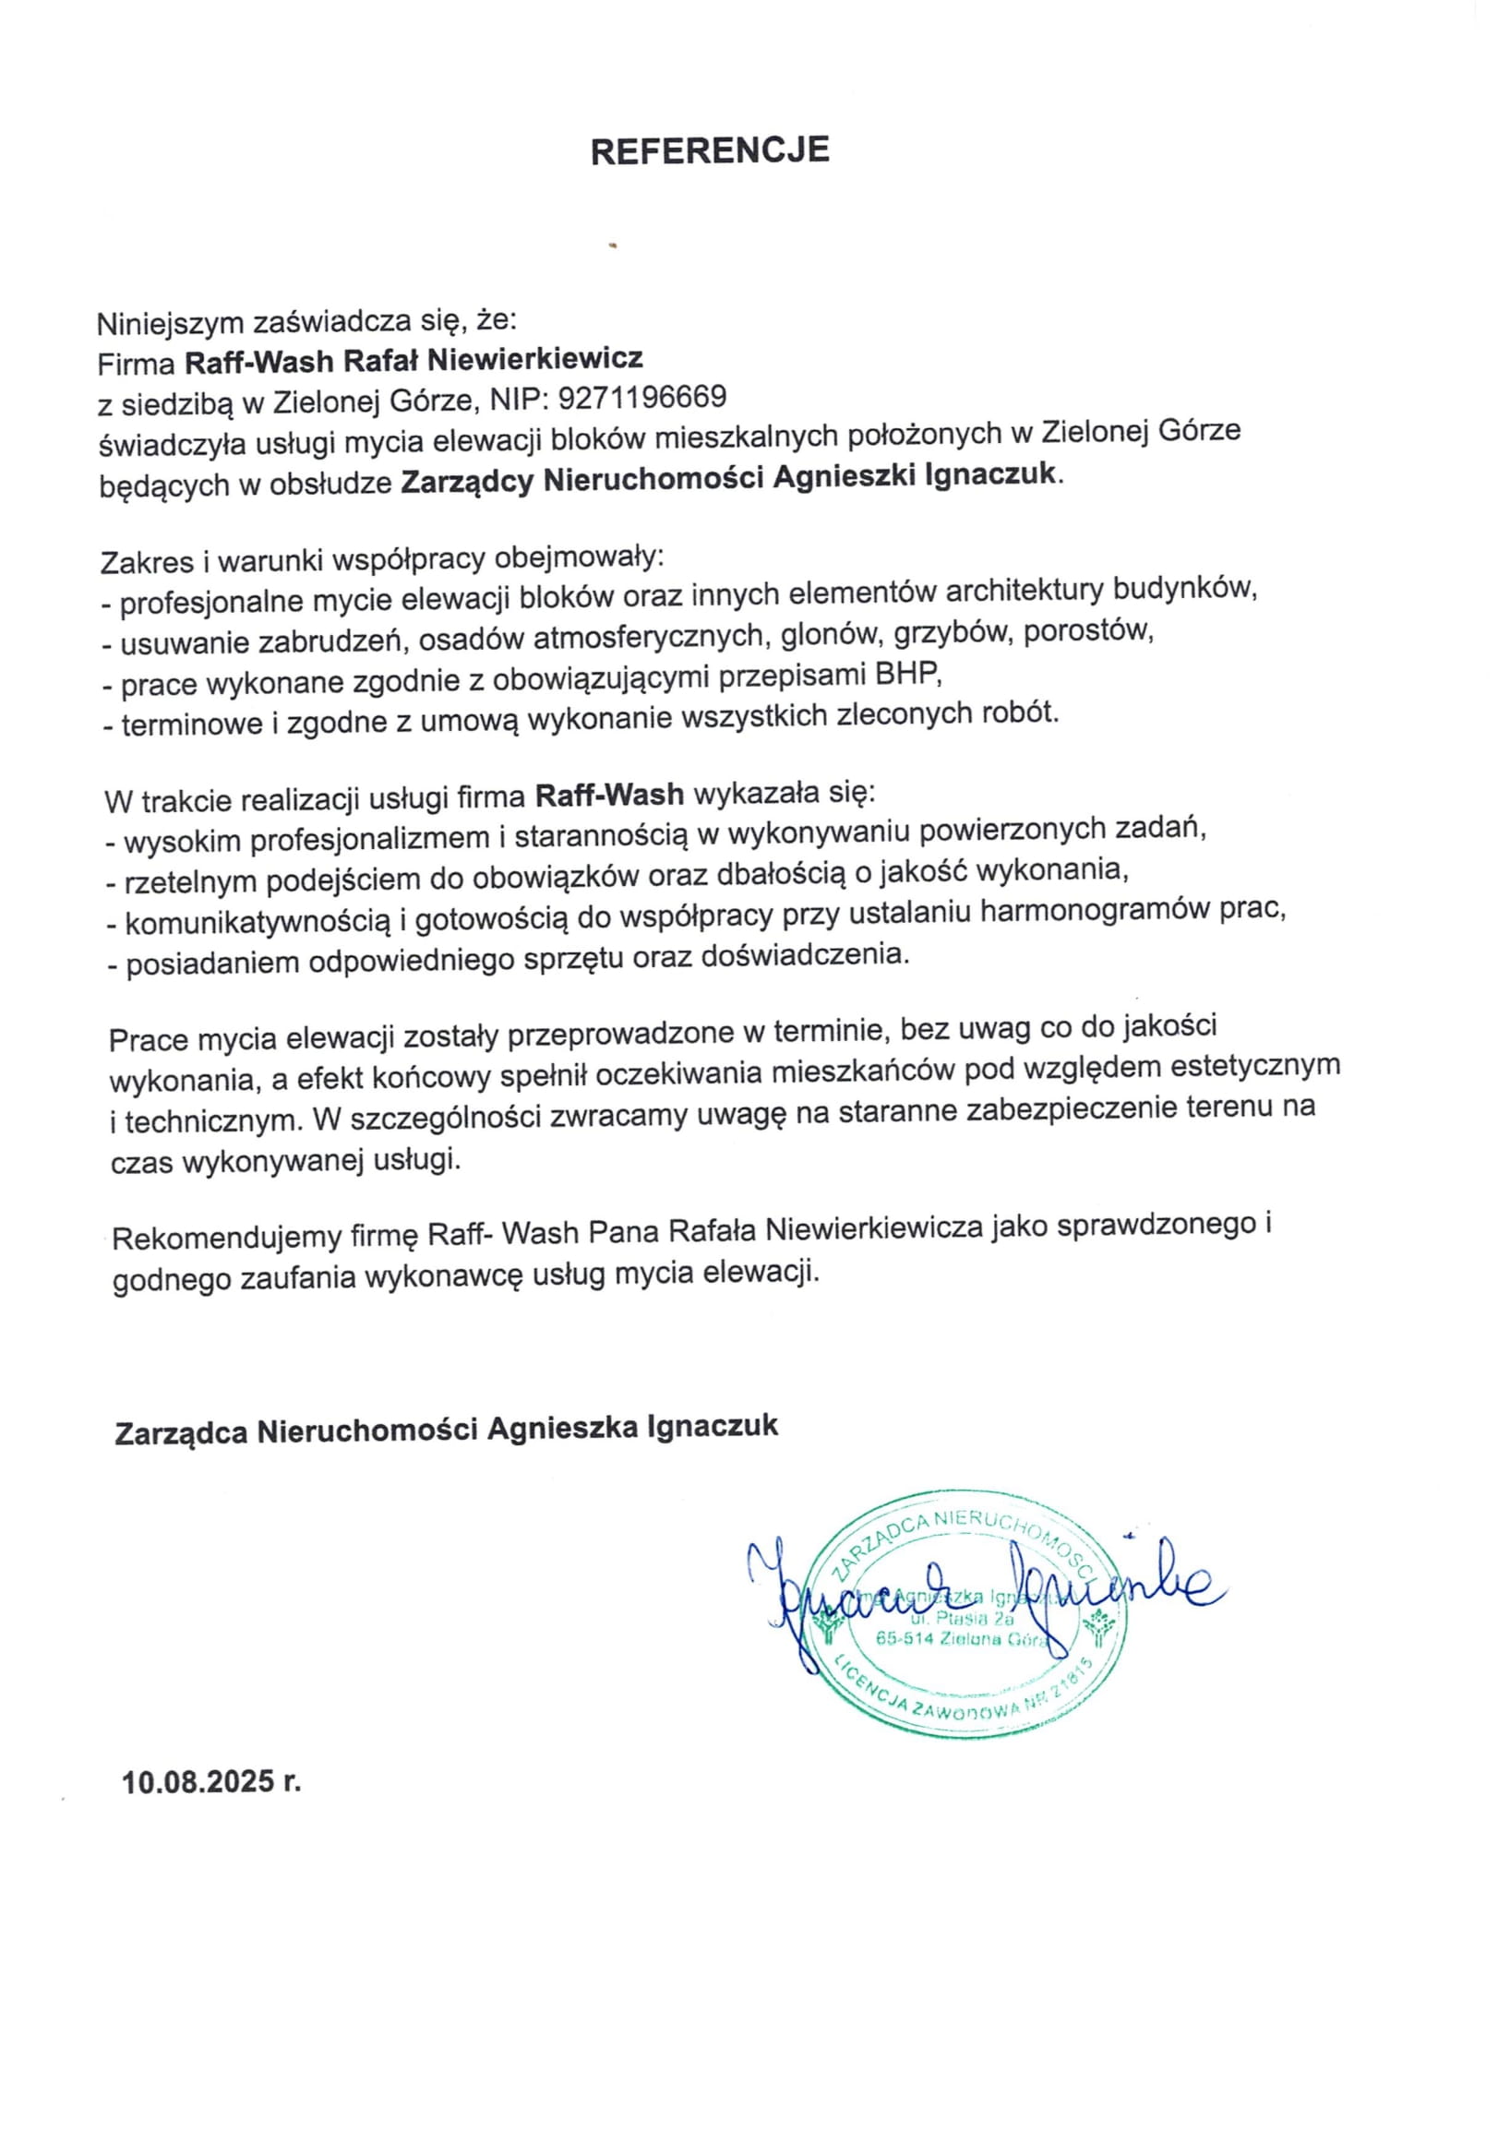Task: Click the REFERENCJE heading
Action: [709, 151]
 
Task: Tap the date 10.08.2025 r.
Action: [212, 1782]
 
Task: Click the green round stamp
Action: [967, 1625]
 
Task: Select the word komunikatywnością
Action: [258, 922]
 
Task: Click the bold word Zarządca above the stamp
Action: [180, 1431]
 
